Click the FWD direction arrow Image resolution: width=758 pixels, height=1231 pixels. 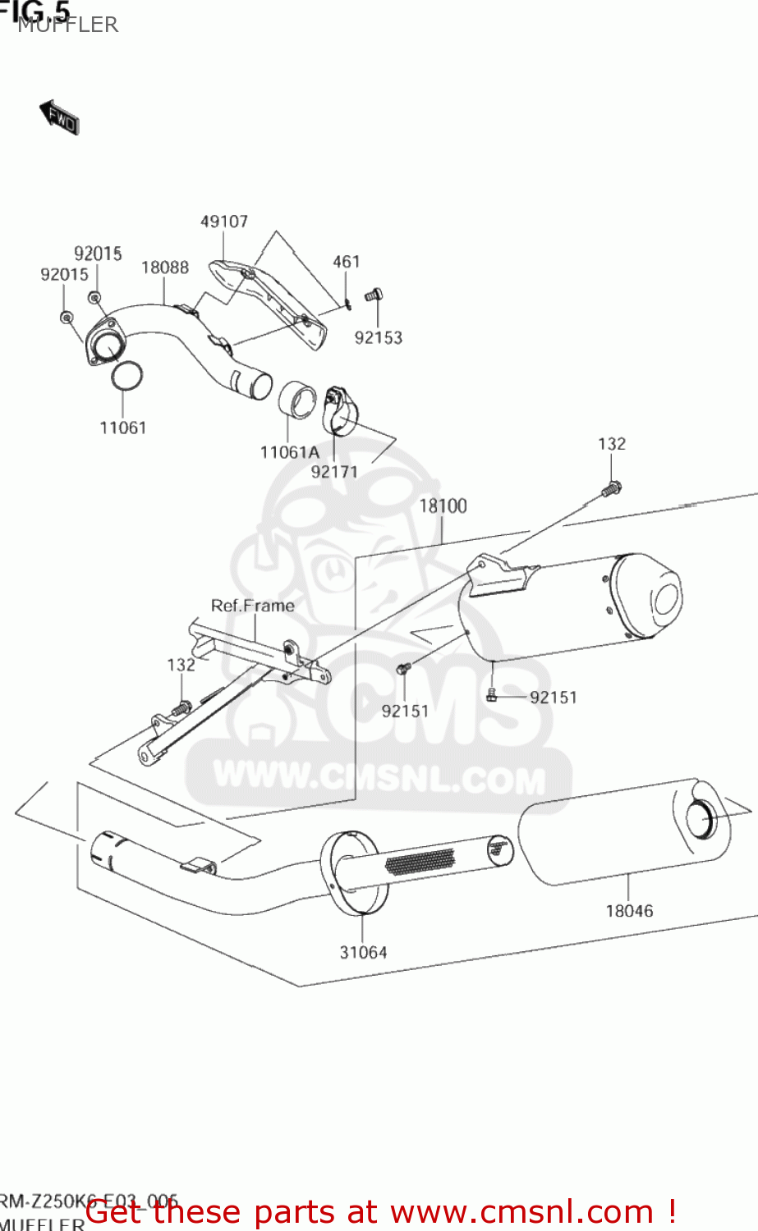(58, 117)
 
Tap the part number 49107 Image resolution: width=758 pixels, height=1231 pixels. (223, 222)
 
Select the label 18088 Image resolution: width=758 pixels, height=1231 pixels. (164, 268)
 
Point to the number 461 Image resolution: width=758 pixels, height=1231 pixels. (346, 262)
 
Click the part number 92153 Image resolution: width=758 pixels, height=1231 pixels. (378, 337)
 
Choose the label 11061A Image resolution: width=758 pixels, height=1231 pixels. (289, 452)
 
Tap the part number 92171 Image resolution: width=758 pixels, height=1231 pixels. (334, 472)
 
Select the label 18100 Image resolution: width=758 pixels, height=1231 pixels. (443, 506)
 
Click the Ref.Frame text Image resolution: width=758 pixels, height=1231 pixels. (252, 606)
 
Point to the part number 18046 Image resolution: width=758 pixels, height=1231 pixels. (629, 911)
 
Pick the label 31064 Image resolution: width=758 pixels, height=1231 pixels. (363, 953)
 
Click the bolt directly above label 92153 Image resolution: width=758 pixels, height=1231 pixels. (374, 295)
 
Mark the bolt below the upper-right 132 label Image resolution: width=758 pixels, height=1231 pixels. (610, 488)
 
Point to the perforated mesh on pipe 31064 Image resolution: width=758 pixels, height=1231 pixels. (419, 860)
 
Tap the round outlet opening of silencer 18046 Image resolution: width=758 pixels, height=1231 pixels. (702, 821)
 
